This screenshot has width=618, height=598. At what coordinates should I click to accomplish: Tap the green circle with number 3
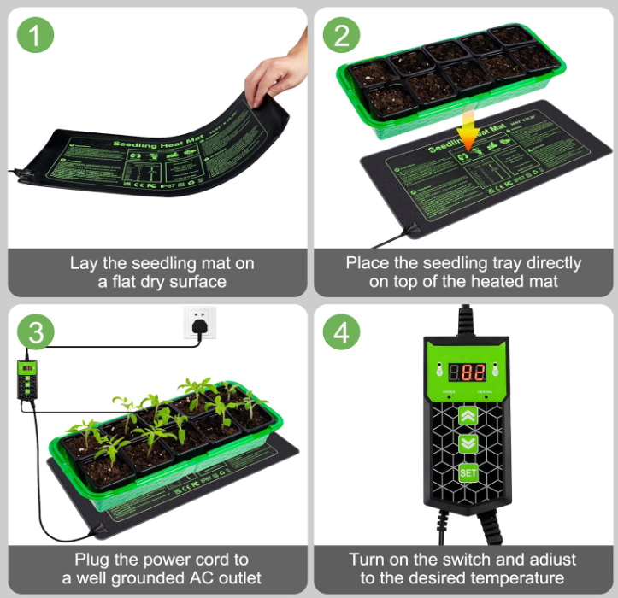(x=35, y=332)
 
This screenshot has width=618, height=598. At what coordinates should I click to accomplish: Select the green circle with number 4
(x=342, y=332)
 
